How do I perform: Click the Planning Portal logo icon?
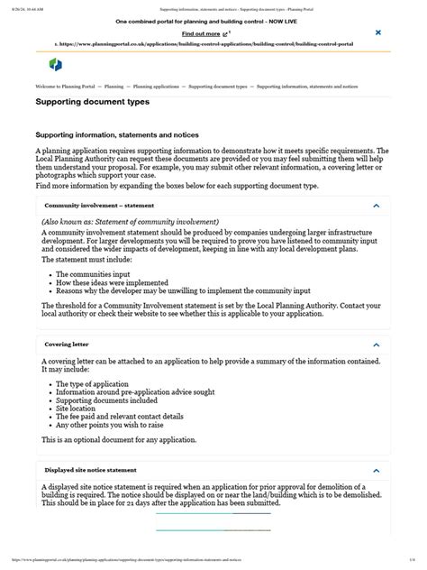[x=55, y=65]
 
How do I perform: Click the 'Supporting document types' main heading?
[x=92, y=103]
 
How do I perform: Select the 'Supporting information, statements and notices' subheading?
[x=116, y=134]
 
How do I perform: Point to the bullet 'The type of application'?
[x=94, y=384]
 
